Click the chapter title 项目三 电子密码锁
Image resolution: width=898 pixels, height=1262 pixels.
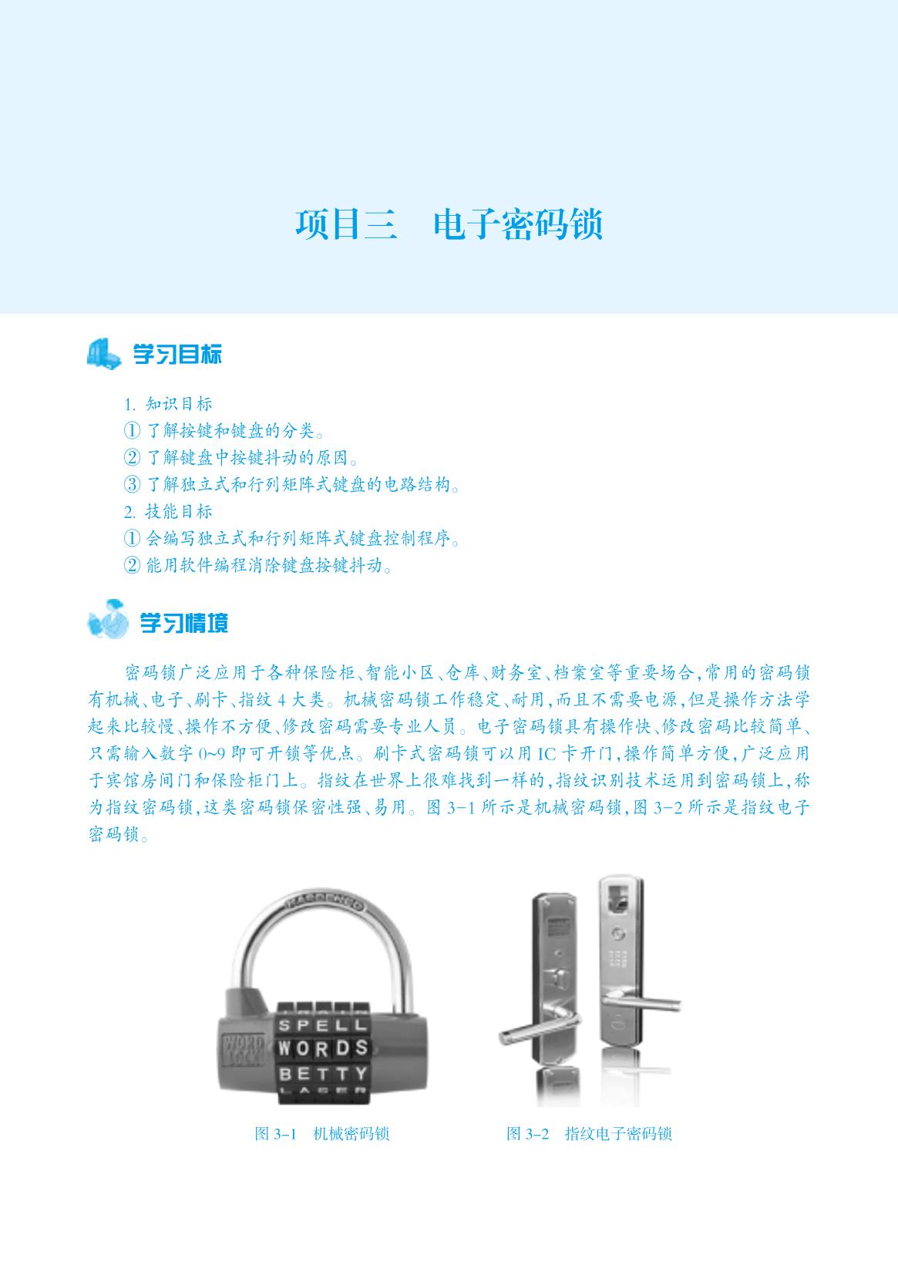click(449, 224)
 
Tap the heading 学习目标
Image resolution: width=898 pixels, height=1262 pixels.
click(177, 355)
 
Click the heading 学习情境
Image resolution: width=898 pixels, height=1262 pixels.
click(184, 623)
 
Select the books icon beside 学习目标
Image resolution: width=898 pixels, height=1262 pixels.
click(103, 354)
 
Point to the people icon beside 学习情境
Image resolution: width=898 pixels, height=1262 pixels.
click(108, 618)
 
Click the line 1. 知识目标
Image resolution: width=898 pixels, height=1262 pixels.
click(168, 404)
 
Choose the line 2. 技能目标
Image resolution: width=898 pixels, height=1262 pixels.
click(168, 512)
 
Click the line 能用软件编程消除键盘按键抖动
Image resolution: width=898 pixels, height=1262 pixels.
click(257, 565)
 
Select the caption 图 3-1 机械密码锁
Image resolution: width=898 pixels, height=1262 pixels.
click(321, 1133)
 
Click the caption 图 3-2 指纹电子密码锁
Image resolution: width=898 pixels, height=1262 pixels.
click(589, 1133)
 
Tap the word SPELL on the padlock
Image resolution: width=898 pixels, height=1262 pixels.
click(324, 1025)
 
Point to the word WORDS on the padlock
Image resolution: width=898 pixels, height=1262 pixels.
click(324, 1048)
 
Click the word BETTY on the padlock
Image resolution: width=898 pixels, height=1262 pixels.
click(324, 1073)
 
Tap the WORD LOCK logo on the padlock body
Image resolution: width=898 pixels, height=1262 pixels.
click(244, 1051)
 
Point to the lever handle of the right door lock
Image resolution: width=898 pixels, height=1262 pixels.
click(641, 1001)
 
